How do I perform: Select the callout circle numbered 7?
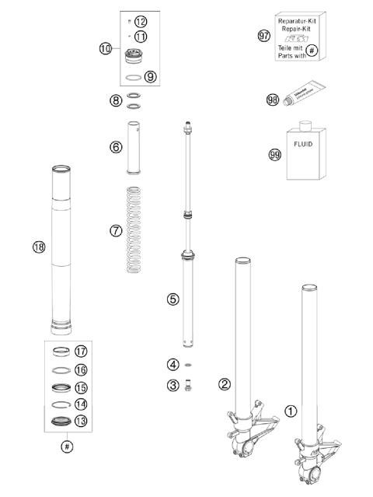117,230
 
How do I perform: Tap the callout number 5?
173,298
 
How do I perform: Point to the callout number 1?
291,411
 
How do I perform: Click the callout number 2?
224,383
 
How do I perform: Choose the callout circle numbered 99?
274,155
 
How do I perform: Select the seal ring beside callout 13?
61,422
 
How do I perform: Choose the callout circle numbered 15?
82,387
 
